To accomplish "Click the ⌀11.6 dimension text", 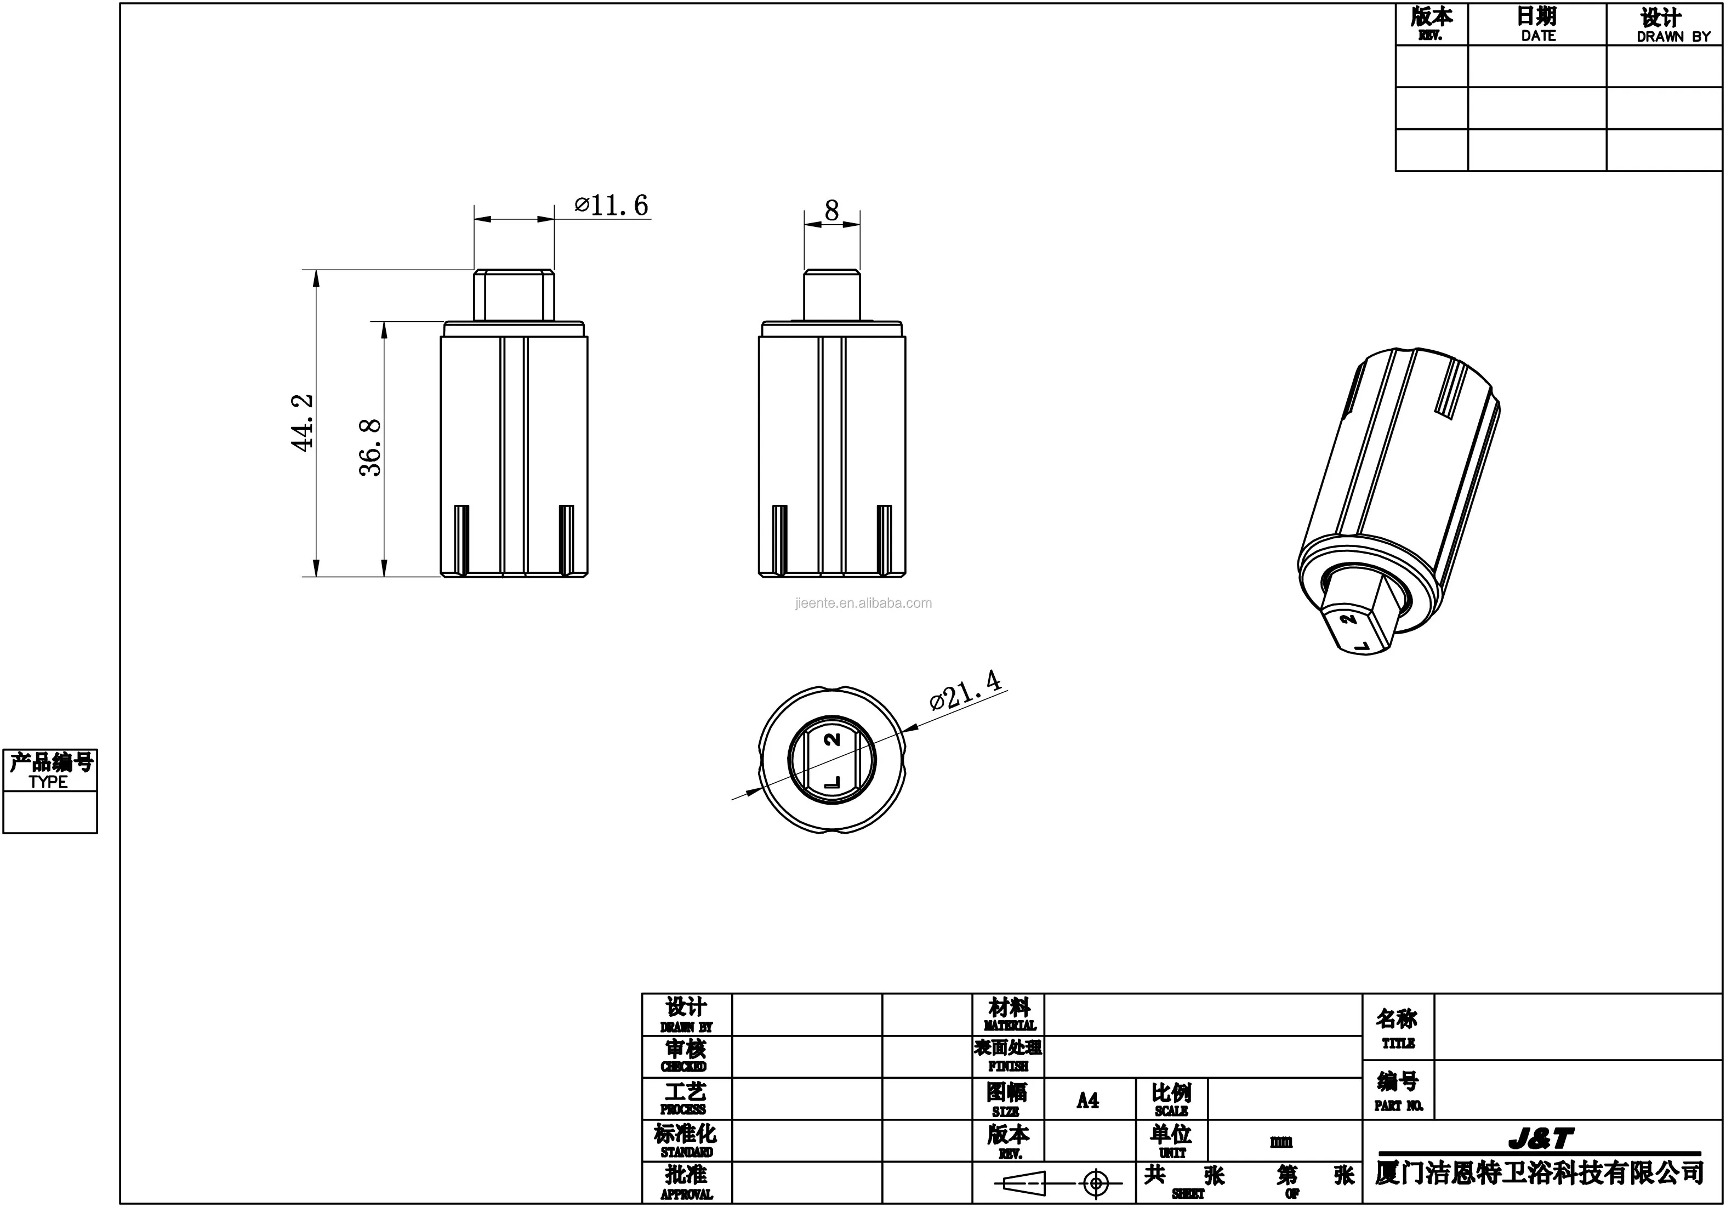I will pyautogui.click(x=611, y=205).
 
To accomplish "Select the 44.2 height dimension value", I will pyautogui.click(x=303, y=423).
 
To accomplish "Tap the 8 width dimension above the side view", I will pyautogui.click(x=831, y=210).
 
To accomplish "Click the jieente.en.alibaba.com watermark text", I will pyautogui.click(x=863, y=603).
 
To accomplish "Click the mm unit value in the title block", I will pyautogui.click(x=1281, y=1142).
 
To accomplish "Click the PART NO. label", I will pyautogui.click(x=1398, y=1106).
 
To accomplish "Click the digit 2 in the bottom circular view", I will pyautogui.click(x=831, y=739).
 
